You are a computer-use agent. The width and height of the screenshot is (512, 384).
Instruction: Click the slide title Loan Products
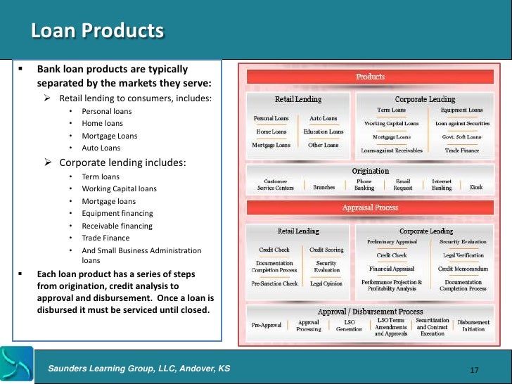tap(97, 32)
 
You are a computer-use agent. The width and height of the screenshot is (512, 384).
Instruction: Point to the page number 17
tap(473, 370)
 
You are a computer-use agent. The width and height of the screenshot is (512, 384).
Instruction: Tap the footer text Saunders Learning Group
tap(139, 369)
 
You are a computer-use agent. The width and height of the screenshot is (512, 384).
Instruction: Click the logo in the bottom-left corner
tap(15, 363)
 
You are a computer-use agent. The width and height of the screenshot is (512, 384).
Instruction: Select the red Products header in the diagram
tap(370, 77)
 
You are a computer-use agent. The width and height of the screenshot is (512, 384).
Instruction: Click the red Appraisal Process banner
tap(370, 207)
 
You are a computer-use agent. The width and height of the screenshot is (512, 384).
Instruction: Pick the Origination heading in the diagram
tap(370, 171)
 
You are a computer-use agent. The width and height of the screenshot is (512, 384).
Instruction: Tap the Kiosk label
tap(476, 188)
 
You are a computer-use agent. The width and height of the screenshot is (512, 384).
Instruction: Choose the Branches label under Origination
tap(324, 188)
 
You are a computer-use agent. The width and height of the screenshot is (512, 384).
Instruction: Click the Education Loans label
tap(324, 132)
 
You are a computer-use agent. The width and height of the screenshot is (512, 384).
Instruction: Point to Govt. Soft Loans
tap(461, 136)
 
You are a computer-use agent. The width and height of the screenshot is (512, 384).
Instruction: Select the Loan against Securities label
tap(461, 123)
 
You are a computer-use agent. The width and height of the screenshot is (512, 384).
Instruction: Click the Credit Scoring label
tap(326, 249)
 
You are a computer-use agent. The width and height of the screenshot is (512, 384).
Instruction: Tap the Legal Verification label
tap(462, 255)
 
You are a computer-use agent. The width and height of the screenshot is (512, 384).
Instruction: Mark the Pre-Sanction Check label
tap(274, 283)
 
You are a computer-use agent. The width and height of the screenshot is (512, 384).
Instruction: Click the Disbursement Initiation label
tap(473, 326)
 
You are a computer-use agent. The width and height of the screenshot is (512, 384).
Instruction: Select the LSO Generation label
tap(349, 326)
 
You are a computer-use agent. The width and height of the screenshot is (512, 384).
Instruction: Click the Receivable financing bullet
tap(117, 226)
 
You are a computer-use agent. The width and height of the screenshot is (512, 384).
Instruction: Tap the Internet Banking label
tap(441, 185)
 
